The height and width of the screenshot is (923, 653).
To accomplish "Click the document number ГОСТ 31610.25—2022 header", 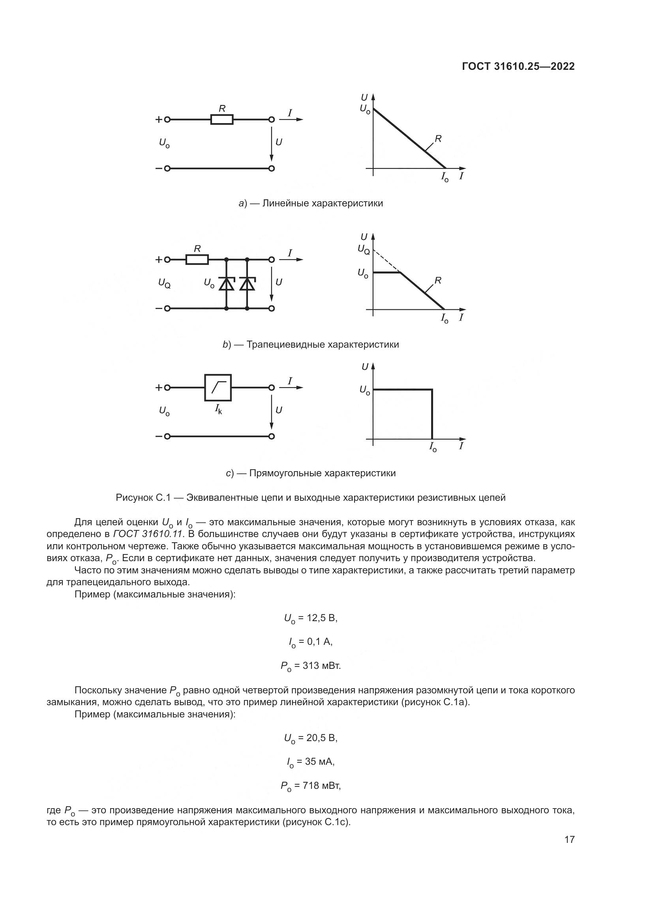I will (x=518, y=67).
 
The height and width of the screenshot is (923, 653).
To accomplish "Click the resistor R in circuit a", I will (x=221, y=120).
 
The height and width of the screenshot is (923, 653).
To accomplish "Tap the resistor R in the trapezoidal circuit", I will (x=197, y=260).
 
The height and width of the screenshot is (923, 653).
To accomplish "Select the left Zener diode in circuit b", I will (x=226, y=284).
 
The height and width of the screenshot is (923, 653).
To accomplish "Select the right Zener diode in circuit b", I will (x=247, y=284).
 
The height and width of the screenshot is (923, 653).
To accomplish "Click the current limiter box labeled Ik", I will (x=218, y=388).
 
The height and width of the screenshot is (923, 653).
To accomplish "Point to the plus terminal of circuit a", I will (x=167, y=120).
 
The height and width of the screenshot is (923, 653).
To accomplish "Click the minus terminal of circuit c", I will (x=167, y=436).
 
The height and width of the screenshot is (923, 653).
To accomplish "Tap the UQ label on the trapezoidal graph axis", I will (x=364, y=250).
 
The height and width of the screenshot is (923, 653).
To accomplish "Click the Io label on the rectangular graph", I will (x=433, y=447).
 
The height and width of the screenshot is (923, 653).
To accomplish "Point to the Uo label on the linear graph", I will (x=365, y=109).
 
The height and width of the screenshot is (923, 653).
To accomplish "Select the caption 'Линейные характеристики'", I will (x=323, y=203).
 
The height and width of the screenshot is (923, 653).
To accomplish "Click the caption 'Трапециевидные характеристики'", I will (x=323, y=344).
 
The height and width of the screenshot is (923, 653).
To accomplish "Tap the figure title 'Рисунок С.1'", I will (x=143, y=498).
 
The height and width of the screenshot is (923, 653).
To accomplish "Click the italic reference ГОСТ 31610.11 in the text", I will (x=148, y=534).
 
